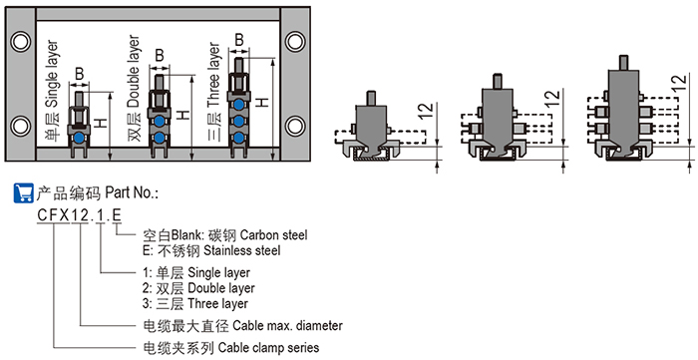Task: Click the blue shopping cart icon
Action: [x=24, y=192]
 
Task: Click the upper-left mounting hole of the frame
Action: [x=21, y=42]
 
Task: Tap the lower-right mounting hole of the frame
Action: [x=295, y=126]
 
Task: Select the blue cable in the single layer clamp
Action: [x=79, y=138]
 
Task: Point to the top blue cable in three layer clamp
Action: [x=239, y=105]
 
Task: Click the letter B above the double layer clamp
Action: [x=160, y=56]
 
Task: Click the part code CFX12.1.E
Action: [x=79, y=215]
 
